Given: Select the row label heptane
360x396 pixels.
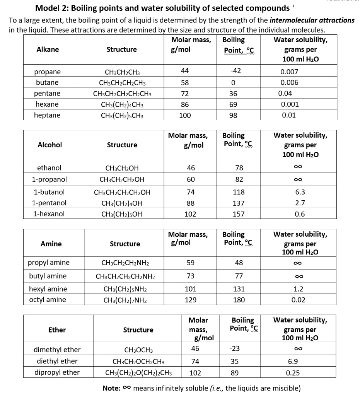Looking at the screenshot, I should point(47,115).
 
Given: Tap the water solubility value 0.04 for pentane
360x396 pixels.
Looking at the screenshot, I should point(285,93).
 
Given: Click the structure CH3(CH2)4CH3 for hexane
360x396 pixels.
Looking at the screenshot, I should point(122,104).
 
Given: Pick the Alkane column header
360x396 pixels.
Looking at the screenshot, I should point(48,49).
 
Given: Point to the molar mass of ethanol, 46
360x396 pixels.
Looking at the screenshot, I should point(191,168).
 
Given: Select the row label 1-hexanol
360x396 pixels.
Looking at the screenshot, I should point(49,214).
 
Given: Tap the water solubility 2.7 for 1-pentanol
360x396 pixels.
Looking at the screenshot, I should point(300,203).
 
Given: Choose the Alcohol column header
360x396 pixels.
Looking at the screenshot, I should point(49,145).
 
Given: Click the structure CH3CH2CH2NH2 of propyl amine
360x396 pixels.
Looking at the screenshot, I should point(125,263).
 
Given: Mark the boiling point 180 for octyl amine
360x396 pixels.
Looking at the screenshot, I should point(239,300).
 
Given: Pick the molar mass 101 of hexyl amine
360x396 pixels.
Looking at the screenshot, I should point(191,289).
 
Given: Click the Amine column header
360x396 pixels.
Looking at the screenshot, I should point(51,244).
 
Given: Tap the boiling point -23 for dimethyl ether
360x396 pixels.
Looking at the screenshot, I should point(235,348).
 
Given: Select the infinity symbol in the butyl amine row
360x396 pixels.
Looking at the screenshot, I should point(300,276).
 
